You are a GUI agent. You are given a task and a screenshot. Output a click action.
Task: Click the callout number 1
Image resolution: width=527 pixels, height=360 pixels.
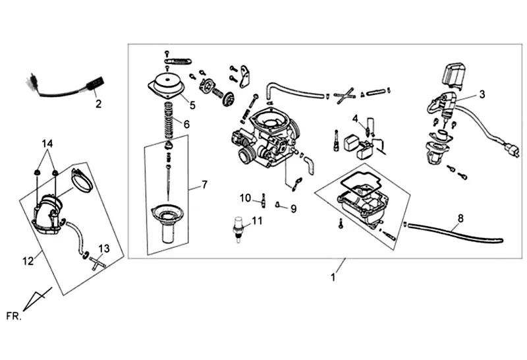(x=333, y=277)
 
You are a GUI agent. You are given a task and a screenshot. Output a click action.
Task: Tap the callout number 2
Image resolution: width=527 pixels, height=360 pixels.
(x=98, y=104)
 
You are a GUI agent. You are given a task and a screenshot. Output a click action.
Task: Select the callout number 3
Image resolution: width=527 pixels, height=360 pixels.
(x=482, y=94)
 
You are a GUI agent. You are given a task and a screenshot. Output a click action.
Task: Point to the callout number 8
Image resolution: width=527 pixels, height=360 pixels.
(x=460, y=218)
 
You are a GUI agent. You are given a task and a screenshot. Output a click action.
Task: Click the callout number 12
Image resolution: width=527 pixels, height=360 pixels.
(x=28, y=260)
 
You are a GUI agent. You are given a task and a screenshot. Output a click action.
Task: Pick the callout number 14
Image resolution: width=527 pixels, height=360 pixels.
(x=47, y=144)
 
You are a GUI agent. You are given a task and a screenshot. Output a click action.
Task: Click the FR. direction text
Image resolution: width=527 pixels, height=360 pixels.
(x=14, y=316)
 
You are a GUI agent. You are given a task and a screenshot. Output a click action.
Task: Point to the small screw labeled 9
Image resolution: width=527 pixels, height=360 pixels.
(x=277, y=204)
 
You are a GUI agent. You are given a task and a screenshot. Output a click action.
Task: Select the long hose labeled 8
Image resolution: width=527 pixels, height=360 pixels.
(x=454, y=232)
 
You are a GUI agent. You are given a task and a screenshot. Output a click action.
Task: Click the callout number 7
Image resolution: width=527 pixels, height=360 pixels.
(x=204, y=185)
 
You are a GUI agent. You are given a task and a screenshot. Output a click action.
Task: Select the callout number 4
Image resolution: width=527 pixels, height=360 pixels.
(x=355, y=119)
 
